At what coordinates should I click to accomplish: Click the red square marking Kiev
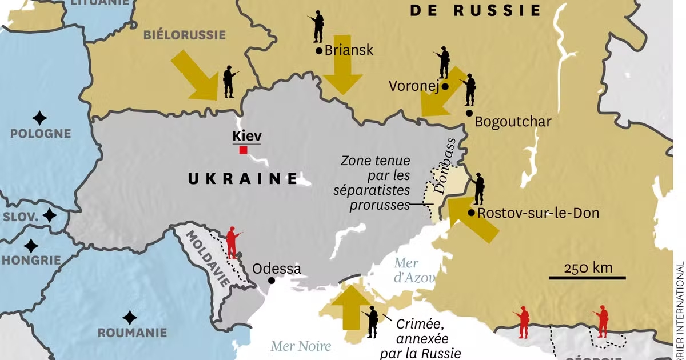click(244, 150)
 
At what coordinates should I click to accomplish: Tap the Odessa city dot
click(272, 281)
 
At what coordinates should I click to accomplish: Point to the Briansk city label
click(349, 50)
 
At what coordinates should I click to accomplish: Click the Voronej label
click(413, 86)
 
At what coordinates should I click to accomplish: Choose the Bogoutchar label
click(513, 122)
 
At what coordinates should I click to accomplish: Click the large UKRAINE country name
click(243, 178)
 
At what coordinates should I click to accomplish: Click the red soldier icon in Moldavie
click(232, 243)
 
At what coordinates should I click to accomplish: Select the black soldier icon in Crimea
click(372, 322)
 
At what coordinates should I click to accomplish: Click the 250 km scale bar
click(587, 278)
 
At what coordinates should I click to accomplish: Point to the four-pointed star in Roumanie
click(130, 317)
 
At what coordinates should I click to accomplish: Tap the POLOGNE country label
click(41, 134)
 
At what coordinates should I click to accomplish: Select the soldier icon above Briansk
click(317, 27)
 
